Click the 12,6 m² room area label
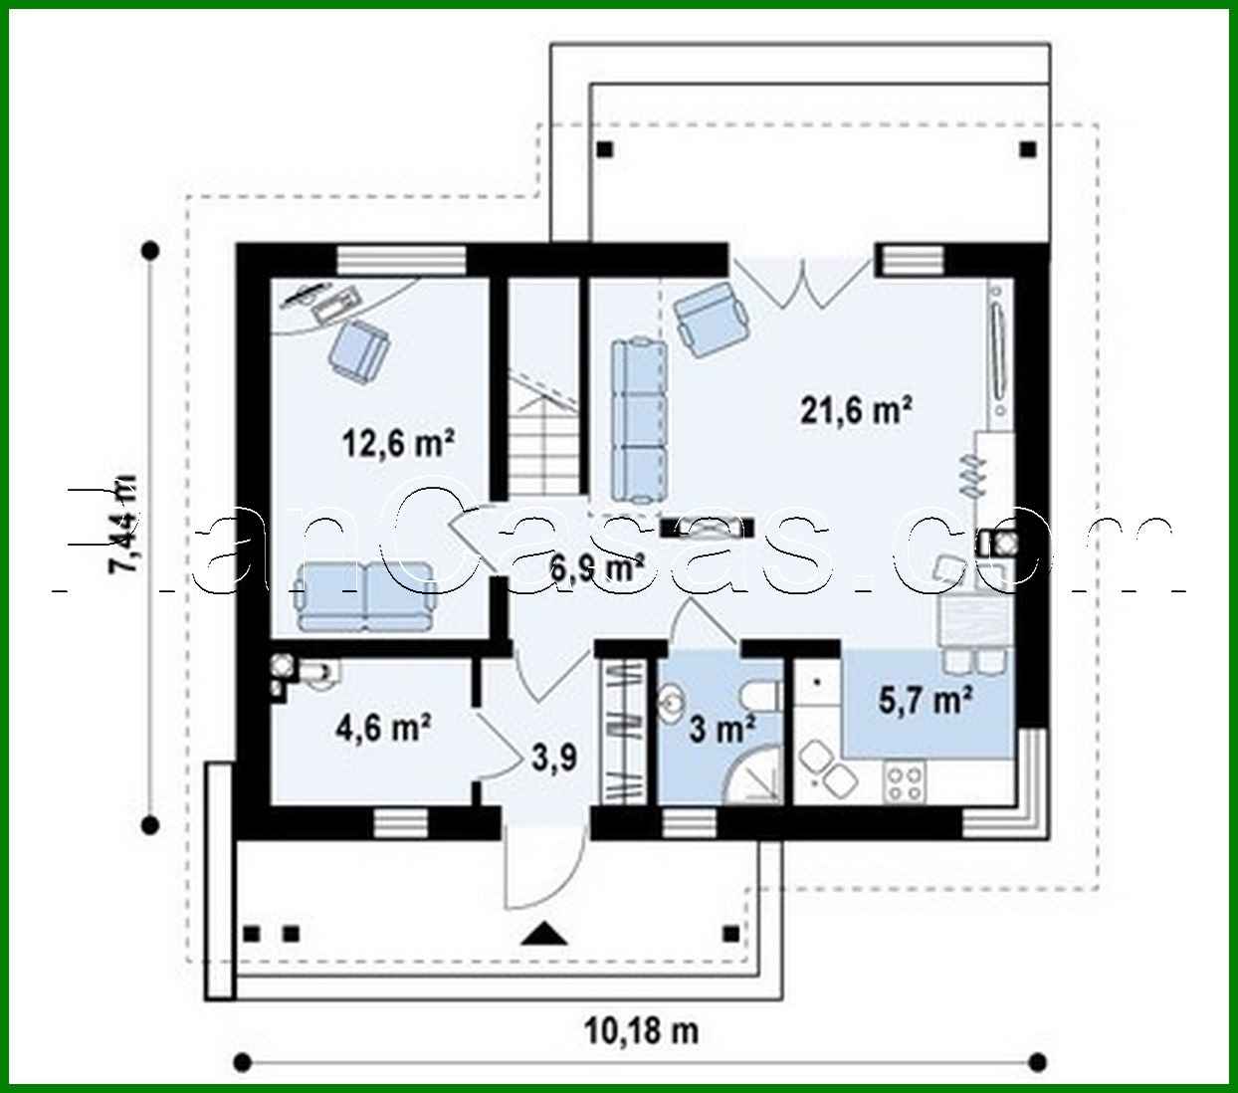398,443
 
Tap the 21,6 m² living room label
857,409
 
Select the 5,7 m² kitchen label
925,701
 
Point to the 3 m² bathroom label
722,729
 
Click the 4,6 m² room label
383,728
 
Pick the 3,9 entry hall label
553,759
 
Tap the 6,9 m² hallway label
597,567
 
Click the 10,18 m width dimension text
640,1030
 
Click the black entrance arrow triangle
543,934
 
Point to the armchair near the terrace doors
711,317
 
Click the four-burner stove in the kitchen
904,781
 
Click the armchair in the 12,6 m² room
358,350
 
